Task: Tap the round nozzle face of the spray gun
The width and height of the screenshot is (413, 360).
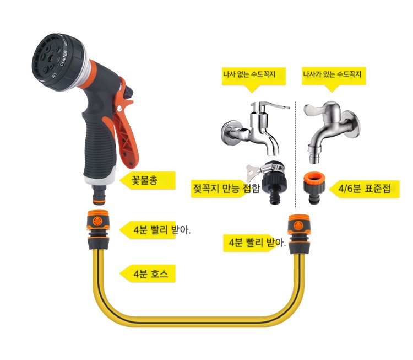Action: click(48, 61)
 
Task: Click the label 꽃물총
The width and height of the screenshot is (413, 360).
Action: click(145, 180)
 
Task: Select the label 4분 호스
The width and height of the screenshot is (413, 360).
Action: click(151, 273)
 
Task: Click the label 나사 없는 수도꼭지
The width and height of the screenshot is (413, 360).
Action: click(249, 74)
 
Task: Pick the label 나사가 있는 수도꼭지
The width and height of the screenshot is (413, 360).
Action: click(332, 74)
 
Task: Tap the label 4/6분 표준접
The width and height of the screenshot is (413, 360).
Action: click(364, 189)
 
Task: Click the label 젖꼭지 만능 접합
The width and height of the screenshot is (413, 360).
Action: click(226, 188)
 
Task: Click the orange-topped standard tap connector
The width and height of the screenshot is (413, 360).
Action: click(314, 189)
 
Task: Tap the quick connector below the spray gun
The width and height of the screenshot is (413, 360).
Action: click(97, 229)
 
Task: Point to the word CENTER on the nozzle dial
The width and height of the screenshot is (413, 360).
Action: click(63, 58)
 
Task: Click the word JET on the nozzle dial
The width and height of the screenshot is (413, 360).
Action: click(53, 75)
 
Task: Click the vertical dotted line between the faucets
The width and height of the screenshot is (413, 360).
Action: click(296, 155)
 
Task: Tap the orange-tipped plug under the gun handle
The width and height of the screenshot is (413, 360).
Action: click(99, 195)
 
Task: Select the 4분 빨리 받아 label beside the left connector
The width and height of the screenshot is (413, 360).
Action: click(162, 229)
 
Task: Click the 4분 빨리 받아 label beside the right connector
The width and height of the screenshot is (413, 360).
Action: click(257, 243)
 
